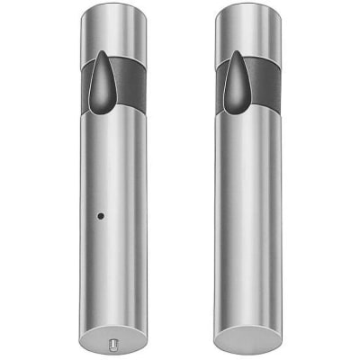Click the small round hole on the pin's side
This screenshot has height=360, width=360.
click(x=100, y=216)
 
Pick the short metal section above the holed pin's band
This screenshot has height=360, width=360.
click(x=113, y=40)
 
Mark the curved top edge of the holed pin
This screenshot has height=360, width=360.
click(x=113, y=8)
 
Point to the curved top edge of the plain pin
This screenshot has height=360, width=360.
click(x=247, y=8)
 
